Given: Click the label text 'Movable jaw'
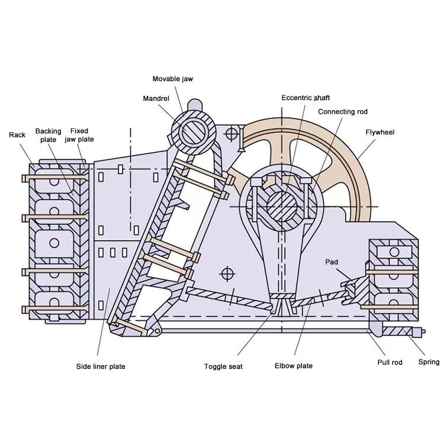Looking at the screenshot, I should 173,79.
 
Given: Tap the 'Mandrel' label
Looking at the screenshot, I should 156,98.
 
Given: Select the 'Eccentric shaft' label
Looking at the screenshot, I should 305,98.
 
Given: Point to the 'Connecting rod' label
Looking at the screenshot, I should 343,111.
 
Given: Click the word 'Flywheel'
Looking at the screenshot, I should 380,133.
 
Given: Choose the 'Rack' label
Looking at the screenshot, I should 17,135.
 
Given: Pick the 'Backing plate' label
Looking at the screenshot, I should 48,136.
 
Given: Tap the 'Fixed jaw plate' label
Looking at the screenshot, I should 79,135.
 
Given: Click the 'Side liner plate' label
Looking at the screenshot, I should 101,366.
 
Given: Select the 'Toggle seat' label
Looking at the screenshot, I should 223,366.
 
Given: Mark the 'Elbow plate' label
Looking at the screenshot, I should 294,366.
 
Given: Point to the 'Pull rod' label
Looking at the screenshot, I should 391,362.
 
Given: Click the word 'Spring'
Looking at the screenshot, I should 429,362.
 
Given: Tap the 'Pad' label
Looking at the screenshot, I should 331,261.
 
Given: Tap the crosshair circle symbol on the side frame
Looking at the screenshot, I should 226,273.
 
